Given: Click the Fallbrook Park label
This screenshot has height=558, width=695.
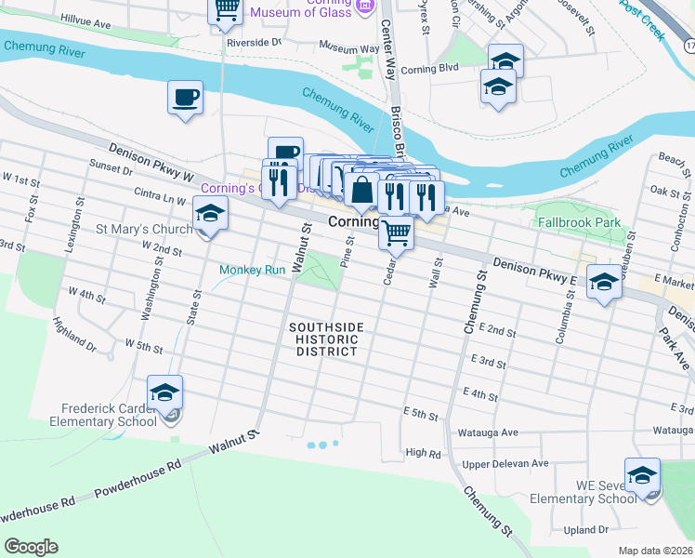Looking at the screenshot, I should (579, 223).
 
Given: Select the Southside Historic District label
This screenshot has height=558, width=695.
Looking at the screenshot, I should (323, 339).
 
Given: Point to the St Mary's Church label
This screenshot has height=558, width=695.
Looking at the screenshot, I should (144, 229).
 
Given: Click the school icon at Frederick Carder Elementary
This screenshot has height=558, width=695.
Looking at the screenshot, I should (164, 393).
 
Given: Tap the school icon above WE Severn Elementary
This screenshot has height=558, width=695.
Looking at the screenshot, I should (642, 476).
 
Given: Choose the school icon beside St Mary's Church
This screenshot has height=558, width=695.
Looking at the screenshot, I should (211, 216).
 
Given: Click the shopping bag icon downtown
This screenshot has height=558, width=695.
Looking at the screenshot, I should (361, 192).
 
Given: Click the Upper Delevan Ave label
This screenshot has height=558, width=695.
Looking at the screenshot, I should (505, 463).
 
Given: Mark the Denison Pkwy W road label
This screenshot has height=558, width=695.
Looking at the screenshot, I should (149, 161).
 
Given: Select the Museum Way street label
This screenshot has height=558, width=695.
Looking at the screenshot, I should (348, 46).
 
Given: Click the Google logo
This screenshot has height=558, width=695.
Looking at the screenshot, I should (31, 547).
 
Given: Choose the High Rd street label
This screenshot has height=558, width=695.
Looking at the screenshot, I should (423, 453).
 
